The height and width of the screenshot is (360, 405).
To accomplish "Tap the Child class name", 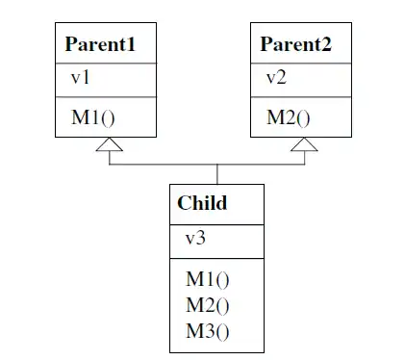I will pos(202,203).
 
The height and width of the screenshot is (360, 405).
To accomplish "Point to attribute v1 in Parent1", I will pos(80,79).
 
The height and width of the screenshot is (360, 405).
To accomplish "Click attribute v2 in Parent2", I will pos(277,79).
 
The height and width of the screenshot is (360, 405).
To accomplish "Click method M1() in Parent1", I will pos(91,118).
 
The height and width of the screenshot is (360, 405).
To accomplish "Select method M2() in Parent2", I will pos(288,118).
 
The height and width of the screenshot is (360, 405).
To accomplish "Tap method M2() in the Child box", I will pos(208,306).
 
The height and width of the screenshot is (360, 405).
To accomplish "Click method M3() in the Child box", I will pos(208,332).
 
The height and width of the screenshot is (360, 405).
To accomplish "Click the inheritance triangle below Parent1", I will pos(110,144).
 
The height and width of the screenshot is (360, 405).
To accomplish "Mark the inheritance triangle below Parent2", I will pos(304,144).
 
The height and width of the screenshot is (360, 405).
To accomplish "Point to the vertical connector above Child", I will pos(216,174).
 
